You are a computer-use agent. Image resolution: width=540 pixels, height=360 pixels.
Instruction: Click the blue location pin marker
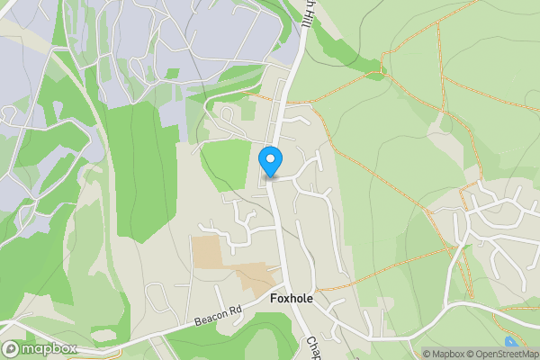(x=271, y=162)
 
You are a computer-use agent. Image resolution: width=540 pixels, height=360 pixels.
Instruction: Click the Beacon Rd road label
(x=218, y=316)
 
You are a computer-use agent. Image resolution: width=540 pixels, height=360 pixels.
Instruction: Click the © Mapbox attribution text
(x=443, y=354)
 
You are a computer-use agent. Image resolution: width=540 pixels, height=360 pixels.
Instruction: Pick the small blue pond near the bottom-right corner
(x=512, y=342)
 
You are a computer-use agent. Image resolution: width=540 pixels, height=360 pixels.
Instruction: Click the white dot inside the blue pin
(x=271, y=158)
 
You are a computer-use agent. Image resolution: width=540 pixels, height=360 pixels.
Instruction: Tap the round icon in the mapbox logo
(x=12, y=348)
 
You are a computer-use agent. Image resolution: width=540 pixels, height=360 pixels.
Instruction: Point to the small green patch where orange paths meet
(x=384, y=66)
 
